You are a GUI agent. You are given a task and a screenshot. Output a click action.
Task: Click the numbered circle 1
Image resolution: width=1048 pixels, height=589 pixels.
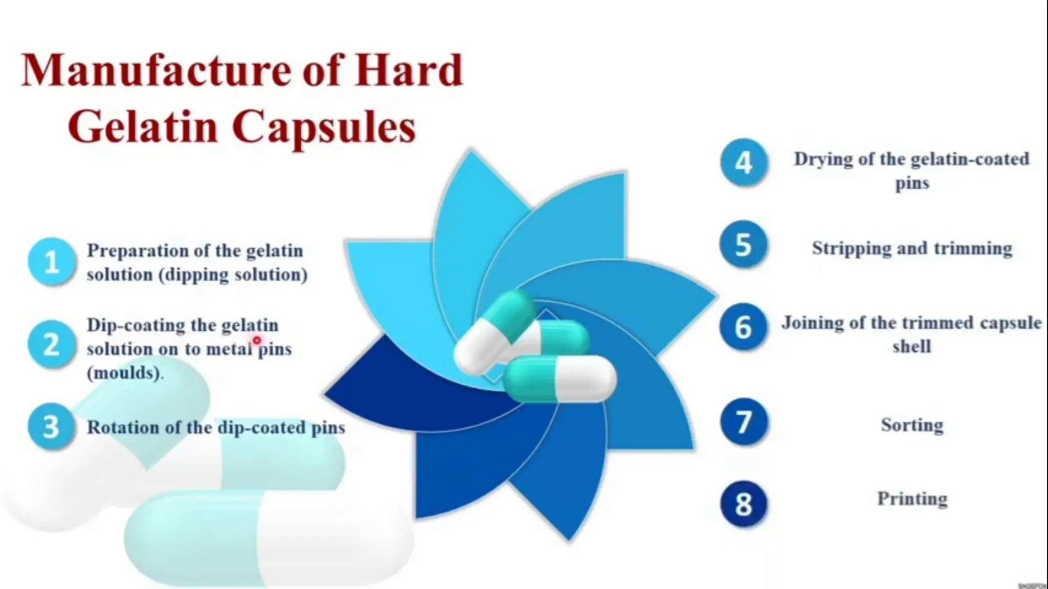click(52, 262)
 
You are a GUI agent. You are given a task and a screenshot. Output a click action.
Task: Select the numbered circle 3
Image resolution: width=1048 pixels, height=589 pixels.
click(52, 426)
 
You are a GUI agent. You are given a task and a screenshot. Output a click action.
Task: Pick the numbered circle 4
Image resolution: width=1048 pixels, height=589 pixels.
click(744, 163)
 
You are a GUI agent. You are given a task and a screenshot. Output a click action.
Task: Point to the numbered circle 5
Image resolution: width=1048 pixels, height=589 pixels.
click(744, 245)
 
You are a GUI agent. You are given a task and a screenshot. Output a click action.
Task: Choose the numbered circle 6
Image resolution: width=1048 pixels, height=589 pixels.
click(744, 327)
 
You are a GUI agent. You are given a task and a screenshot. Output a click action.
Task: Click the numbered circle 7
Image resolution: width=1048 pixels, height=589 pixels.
click(744, 422)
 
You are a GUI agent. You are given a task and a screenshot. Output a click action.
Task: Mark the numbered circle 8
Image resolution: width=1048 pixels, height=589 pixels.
click(744, 504)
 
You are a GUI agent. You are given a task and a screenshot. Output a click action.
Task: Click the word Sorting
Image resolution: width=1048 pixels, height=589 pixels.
click(912, 425)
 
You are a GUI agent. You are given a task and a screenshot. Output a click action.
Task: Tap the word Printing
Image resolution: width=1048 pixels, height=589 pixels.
click(912, 499)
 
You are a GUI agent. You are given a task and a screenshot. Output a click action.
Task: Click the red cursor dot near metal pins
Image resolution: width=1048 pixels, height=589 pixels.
click(257, 340)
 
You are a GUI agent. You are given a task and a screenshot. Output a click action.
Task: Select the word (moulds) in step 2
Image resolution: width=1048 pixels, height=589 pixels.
click(124, 373)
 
